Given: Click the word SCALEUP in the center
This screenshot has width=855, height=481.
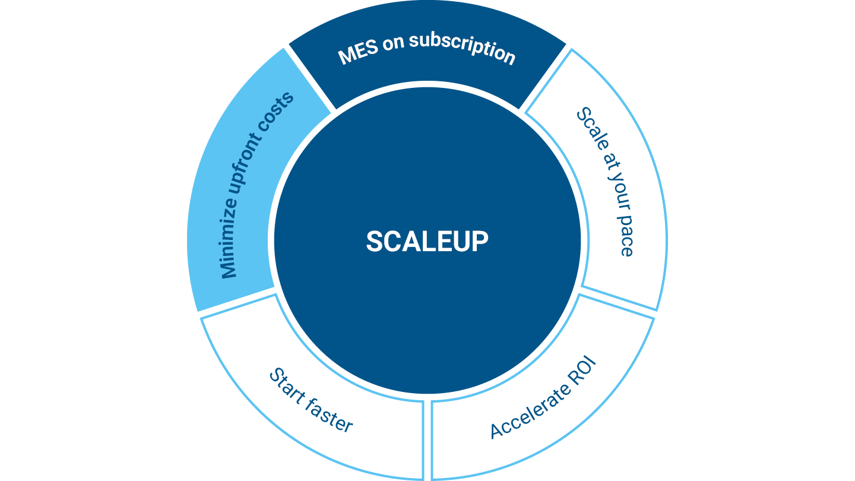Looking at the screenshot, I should click(427, 242).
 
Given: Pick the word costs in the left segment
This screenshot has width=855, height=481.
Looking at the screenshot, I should click(281, 111).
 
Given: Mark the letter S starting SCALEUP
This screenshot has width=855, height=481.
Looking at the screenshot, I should click(373, 242).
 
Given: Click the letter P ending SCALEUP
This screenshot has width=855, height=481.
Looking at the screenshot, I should click(480, 242).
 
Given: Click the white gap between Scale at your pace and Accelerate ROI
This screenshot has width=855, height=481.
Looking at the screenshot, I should click(617, 302).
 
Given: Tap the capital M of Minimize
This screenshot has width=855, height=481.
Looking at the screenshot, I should click(229, 270).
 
